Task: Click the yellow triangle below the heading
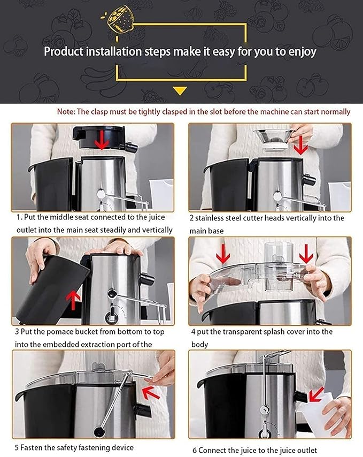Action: [180, 90]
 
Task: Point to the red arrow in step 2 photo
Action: [301, 144]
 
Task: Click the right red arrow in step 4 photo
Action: [306, 254]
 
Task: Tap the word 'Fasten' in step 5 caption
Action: [33, 447]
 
